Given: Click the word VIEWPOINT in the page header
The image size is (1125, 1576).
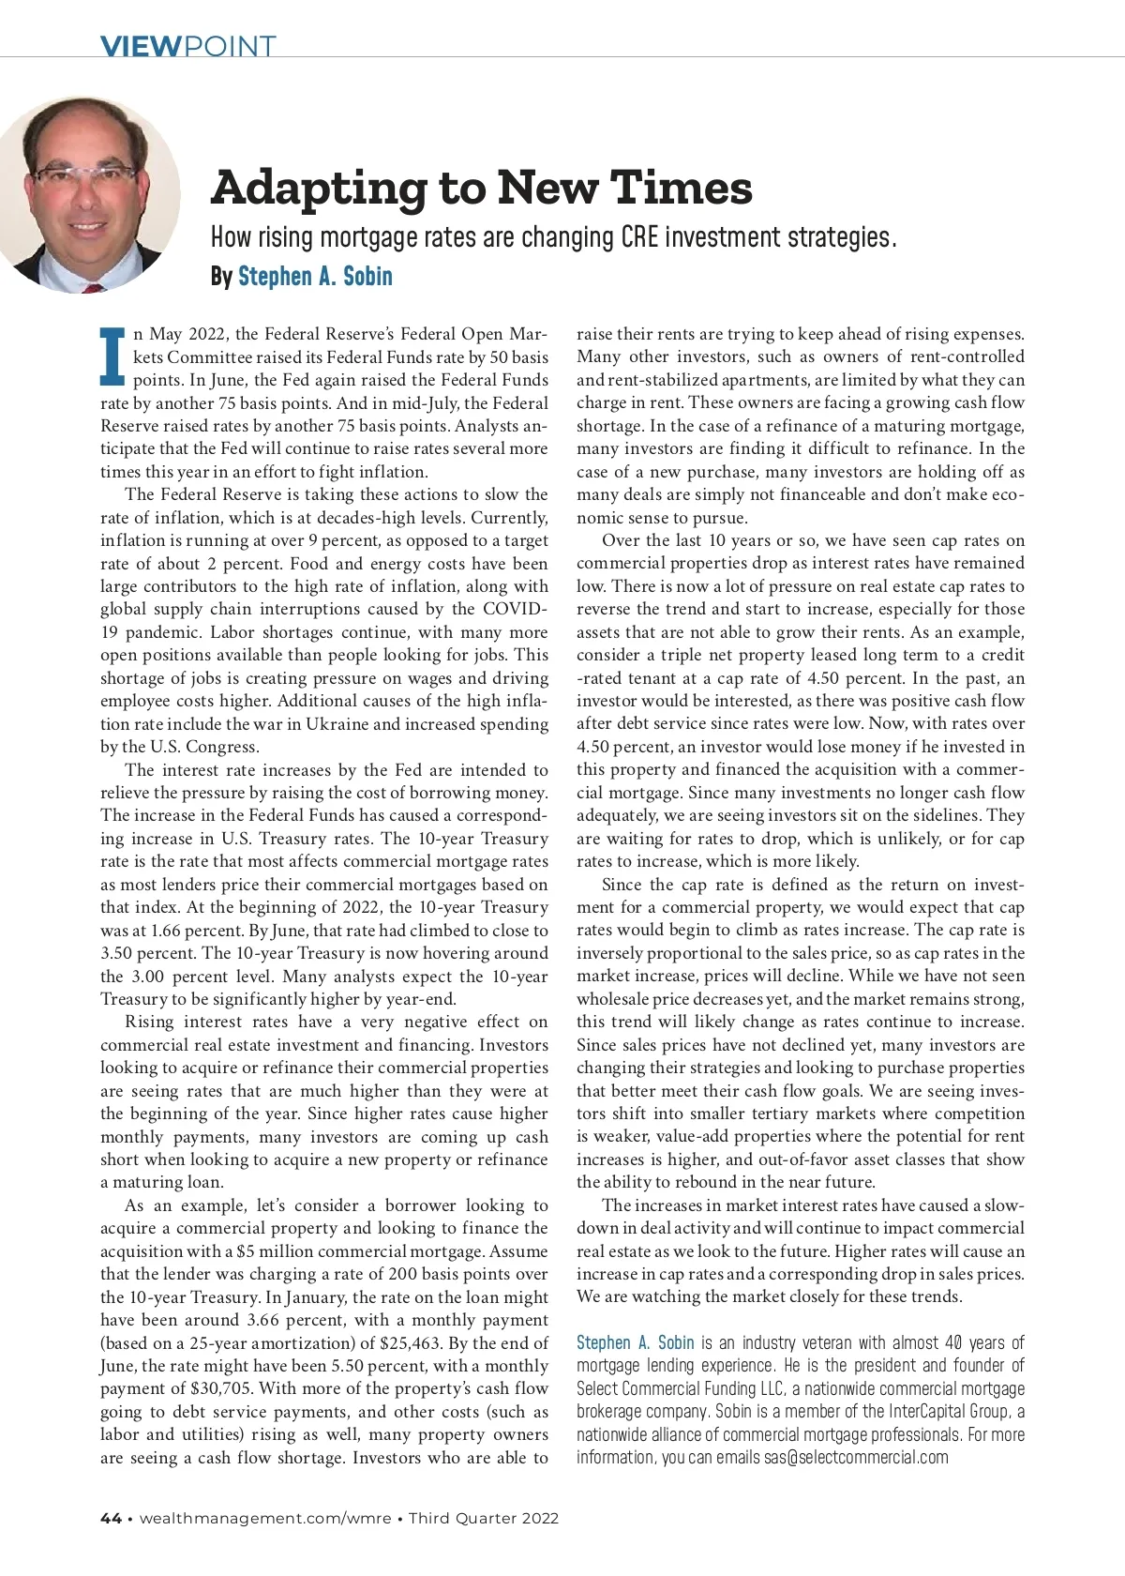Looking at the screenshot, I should point(187,46).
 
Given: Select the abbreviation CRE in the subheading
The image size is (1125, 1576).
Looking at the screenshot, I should point(639,237).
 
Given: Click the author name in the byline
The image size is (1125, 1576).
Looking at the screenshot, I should point(315,277).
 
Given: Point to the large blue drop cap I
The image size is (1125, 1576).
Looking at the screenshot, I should point(112,356).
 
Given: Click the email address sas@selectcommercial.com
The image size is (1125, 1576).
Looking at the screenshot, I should point(856,1458).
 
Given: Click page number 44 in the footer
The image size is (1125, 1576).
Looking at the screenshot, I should point(111,1519).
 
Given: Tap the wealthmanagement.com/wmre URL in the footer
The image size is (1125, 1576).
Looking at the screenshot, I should point(265,1519).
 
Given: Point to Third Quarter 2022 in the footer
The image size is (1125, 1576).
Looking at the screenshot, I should point(484,1519).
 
